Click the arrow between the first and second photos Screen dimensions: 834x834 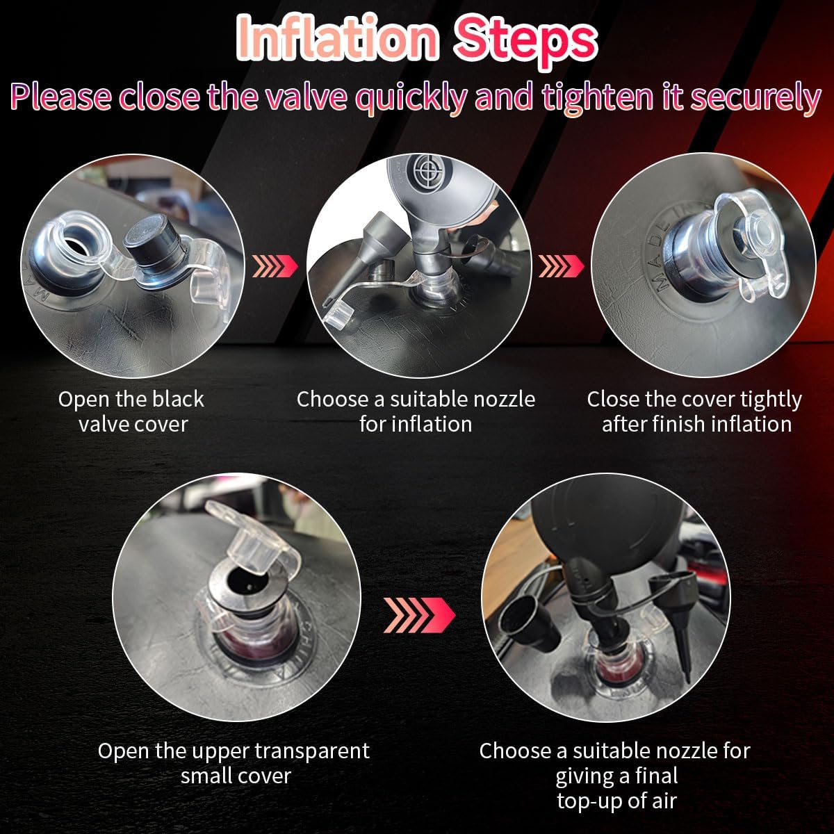[275, 265]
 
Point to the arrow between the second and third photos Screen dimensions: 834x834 [561, 265]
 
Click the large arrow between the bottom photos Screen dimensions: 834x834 [419, 615]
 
